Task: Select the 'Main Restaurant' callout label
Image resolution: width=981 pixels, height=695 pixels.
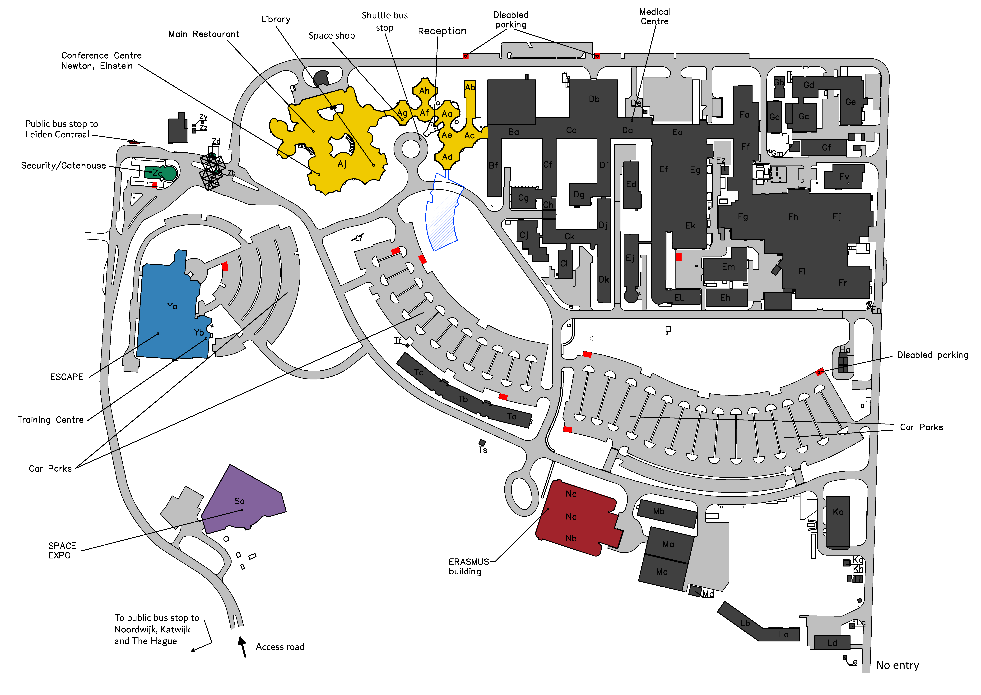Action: [x=204, y=34]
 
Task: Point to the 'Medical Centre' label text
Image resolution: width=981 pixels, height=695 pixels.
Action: [x=654, y=17]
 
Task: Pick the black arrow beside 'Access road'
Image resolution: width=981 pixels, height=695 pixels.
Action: [x=243, y=646]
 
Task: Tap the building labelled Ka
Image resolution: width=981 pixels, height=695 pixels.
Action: [x=838, y=522]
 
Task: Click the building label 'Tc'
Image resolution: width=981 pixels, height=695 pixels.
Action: [x=419, y=372]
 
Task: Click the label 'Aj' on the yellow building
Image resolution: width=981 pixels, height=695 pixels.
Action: [x=342, y=164]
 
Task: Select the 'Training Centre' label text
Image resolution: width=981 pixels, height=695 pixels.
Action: [x=51, y=420]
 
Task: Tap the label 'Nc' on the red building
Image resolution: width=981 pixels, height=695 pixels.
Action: [x=571, y=494]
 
